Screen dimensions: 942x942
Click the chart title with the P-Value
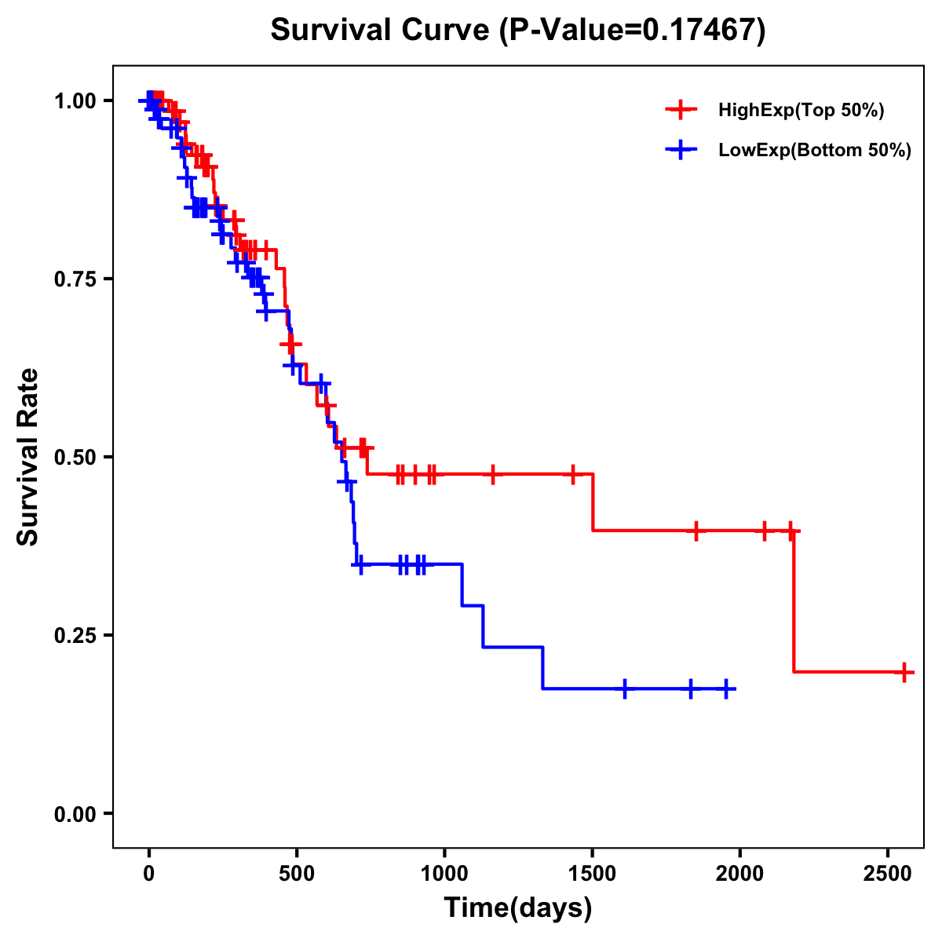point(518,31)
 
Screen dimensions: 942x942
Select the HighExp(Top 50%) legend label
point(801,111)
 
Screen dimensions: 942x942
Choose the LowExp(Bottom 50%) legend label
point(815,151)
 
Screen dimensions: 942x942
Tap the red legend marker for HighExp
point(681,111)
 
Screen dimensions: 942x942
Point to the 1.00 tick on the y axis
point(75,101)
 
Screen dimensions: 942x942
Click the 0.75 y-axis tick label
point(75,279)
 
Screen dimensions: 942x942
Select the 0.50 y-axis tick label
point(75,458)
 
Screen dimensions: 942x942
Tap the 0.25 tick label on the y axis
point(75,636)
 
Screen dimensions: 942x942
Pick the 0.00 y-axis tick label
point(75,814)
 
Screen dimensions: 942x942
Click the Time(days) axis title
point(518,908)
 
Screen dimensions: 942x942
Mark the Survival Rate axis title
point(28,457)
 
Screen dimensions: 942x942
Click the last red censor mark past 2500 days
point(904,672)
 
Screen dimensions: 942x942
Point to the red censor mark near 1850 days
point(696,531)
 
